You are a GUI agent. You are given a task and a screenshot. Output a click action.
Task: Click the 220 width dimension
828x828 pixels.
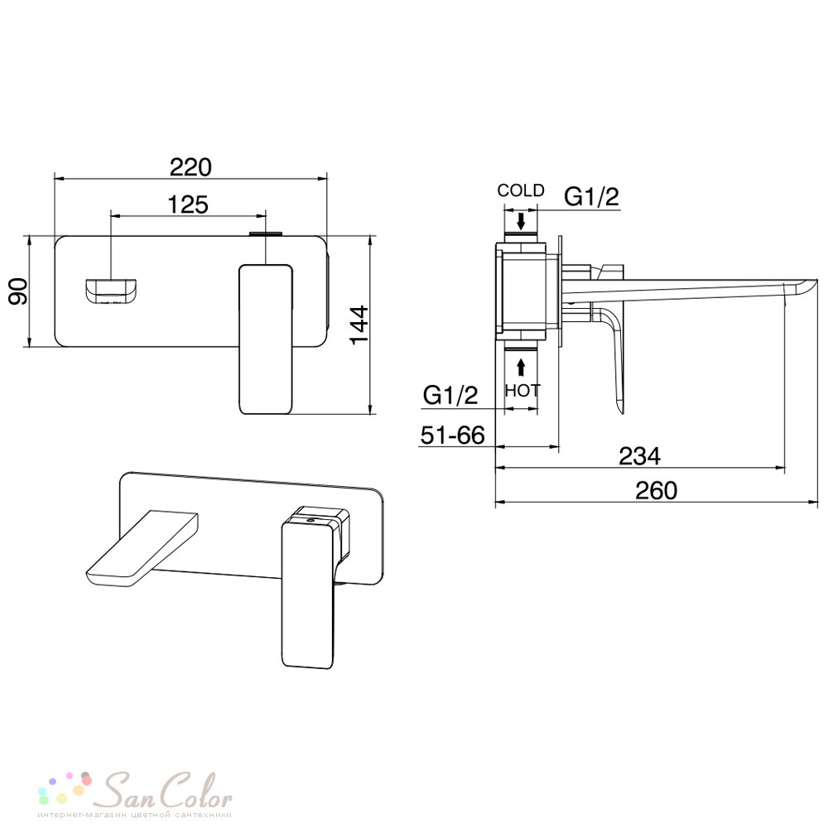190,167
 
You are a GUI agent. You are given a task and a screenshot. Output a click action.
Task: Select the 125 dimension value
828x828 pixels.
188,205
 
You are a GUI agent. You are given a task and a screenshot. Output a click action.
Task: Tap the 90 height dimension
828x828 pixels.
19,291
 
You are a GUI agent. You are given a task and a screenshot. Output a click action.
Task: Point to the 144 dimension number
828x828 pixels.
360,325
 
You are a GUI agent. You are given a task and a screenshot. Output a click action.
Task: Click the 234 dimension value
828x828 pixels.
639,456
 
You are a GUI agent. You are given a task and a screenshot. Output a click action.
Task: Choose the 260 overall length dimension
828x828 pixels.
656,490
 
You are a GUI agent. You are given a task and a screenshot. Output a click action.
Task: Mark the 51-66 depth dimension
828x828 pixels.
453,436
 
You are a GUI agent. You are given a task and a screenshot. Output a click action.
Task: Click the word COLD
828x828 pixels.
521,190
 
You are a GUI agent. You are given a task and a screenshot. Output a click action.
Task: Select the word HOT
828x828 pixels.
522,391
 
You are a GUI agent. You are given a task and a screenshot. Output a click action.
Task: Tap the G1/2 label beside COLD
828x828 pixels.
591,197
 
